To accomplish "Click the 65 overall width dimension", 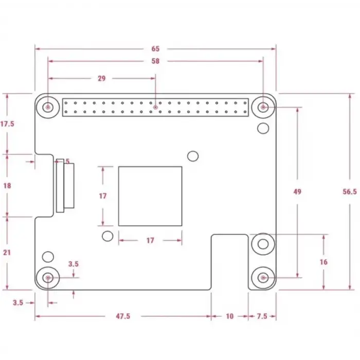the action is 155,49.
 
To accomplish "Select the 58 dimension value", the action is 155,61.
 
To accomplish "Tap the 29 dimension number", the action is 101,79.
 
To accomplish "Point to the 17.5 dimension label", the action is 7,124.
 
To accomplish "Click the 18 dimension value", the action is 7,186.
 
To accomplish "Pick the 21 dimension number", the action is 7,253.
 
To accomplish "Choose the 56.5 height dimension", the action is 350,191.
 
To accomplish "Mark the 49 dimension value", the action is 297,191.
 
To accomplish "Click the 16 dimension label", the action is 323,262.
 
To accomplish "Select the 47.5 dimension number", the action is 123,316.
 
